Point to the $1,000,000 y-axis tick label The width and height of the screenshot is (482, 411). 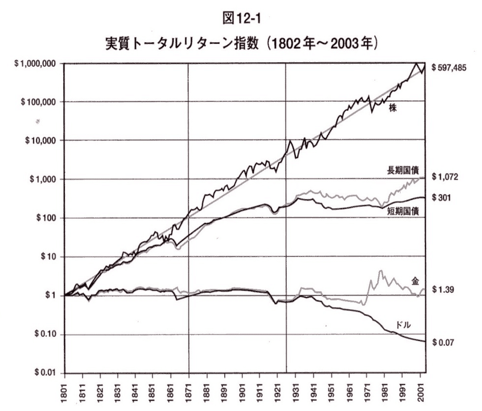point(35,64)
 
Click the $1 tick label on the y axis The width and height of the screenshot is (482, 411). point(51,295)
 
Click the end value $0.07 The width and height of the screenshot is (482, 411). point(443,342)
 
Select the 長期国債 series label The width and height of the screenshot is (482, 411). point(402,171)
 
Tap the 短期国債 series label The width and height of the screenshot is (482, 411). point(404,210)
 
